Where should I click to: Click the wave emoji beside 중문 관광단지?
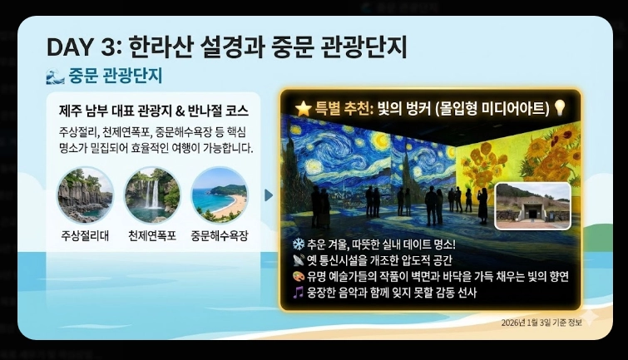click(x=55, y=76)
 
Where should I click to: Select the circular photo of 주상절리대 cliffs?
click(x=85, y=195)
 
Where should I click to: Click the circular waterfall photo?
click(x=151, y=195)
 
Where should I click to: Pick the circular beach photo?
click(x=219, y=195)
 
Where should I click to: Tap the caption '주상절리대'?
click(x=85, y=236)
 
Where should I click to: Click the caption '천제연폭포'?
click(x=151, y=236)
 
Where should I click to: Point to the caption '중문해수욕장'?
click(x=219, y=236)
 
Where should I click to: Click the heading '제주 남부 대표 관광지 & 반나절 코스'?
click(x=154, y=110)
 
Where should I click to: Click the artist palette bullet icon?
click(x=297, y=276)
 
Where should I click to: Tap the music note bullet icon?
click(x=297, y=292)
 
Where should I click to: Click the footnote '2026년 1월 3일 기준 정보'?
click(x=542, y=322)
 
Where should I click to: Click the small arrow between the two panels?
click(x=268, y=195)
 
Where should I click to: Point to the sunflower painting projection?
click(x=516, y=158)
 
